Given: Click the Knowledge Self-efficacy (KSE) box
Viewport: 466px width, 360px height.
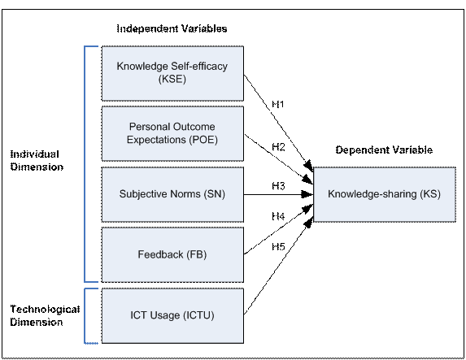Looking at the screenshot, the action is click(172, 73).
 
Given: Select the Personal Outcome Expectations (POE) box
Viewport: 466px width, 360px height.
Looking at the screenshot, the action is click(172, 133).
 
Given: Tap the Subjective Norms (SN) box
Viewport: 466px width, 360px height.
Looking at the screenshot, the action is click(172, 194).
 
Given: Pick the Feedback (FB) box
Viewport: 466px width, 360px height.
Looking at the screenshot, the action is click(172, 255).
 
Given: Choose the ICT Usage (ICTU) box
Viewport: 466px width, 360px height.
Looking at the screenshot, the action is click(172, 316).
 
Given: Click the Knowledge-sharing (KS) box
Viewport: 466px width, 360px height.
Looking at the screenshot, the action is click(385, 194).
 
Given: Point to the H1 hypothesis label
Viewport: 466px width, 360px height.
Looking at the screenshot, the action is click(278, 104).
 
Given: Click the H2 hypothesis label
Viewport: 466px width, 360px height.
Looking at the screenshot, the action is click(278, 147).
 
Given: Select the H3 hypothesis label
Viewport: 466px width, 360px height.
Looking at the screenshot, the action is click(278, 186).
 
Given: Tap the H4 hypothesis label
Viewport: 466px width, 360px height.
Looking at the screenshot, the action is click(278, 216).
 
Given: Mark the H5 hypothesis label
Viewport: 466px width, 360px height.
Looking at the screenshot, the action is click(278, 246).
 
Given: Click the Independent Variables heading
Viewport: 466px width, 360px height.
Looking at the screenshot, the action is click(172, 28).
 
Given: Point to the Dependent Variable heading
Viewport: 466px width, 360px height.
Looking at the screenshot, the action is click(384, 150).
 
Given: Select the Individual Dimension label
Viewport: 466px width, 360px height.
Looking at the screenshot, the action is click(37, 161).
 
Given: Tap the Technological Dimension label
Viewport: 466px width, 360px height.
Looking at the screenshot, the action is click(46, 316).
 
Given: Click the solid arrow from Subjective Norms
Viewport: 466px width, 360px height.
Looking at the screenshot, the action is click(278, 194).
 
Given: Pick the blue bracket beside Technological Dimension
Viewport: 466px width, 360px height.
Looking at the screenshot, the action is click(85, 316).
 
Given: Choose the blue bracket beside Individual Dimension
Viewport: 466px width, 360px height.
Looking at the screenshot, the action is click(85, 164).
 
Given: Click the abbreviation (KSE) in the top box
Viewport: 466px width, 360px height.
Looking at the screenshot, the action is click(172, 80).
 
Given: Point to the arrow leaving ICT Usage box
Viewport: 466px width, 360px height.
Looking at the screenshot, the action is click(278, 266).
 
